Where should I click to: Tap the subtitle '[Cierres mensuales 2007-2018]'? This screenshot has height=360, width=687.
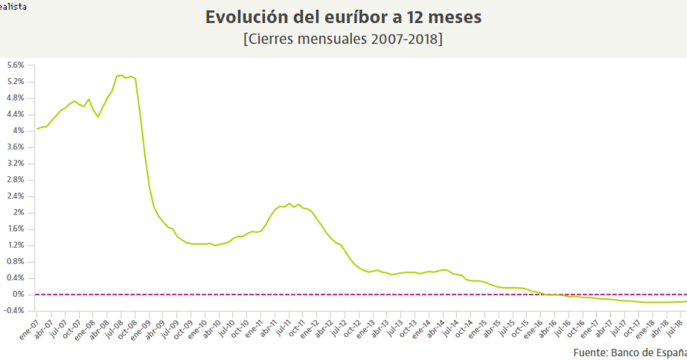(343, 39)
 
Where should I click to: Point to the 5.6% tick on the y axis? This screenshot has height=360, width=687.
(16, 65)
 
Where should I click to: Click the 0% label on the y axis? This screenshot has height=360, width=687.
(19, 294)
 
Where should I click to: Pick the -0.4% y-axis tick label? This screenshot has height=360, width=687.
(15, 311)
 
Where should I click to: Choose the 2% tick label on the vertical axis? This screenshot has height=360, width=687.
(19, 213)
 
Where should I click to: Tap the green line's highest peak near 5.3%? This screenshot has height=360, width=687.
(121, 76)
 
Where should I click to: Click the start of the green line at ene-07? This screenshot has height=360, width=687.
(37, 129)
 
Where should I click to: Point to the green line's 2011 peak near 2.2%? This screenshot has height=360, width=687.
(289, 203)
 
